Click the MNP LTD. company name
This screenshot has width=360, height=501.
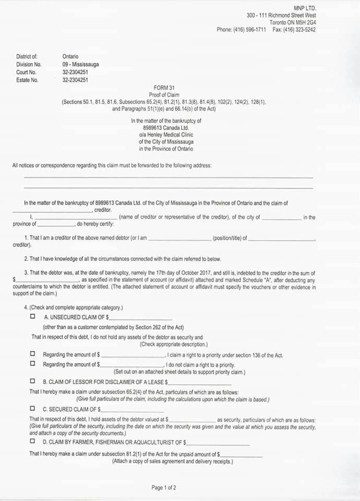(x=305, y=8)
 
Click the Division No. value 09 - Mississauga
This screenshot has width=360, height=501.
(x=80, y=64)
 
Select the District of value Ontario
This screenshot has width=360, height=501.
(x=70, y=56)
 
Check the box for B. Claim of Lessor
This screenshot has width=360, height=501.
(x=33, y=381)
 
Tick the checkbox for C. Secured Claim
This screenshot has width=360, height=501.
(x=33, y=409)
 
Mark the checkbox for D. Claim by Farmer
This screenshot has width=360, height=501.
(x=33, y=441)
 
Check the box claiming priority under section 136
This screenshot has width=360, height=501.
(x=33, y=354)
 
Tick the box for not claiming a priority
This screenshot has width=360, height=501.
(x=33, y=364)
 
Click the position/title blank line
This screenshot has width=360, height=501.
(x=180, y=238)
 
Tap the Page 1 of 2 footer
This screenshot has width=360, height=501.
(x=164, y=488)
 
